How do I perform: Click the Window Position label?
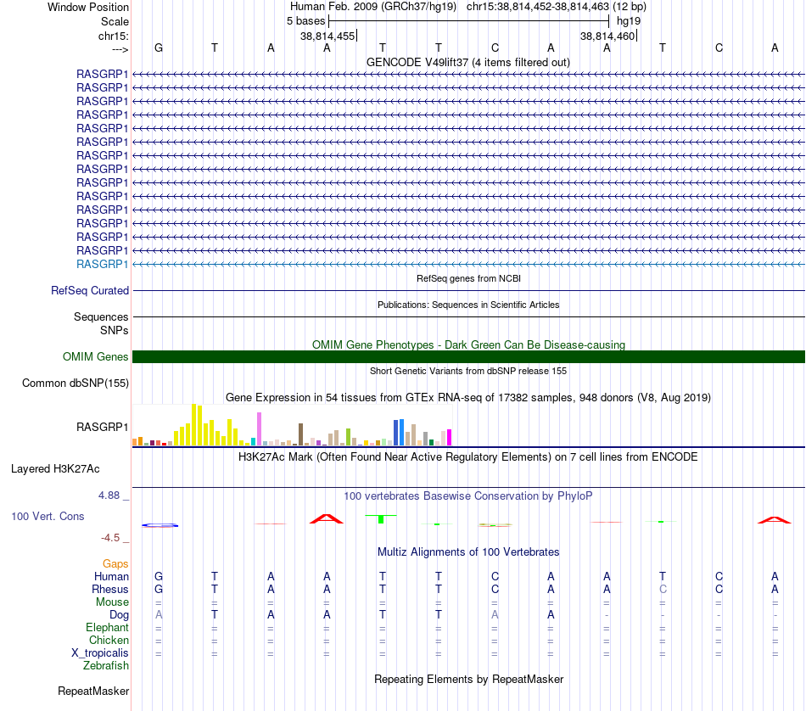(x=88, y=7)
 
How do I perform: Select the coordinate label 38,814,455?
(x=327, y=36)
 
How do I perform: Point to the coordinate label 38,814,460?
(x=607, y=36)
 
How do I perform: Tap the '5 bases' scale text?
(x=305, y=21)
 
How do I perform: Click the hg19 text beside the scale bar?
(x=629, y=21)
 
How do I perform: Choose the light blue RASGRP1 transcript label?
(x=103, y=264)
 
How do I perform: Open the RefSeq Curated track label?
(x=90, y=290)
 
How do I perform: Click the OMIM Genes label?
(x=96, y=357)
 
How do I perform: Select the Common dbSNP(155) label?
(x=76, y=383)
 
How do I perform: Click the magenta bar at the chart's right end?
(x=450, y=437)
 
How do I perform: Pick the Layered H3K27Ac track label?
(x=55, y=469)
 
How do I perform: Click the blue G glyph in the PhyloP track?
(x=160, y=525)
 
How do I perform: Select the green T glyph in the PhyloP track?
(x=381, y=518)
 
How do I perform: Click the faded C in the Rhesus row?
(x=663, y=589)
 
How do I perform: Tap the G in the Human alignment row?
(x=159, y=576)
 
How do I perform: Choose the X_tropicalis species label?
(x=100, y=653)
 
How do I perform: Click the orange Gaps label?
(x=115, y=564)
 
